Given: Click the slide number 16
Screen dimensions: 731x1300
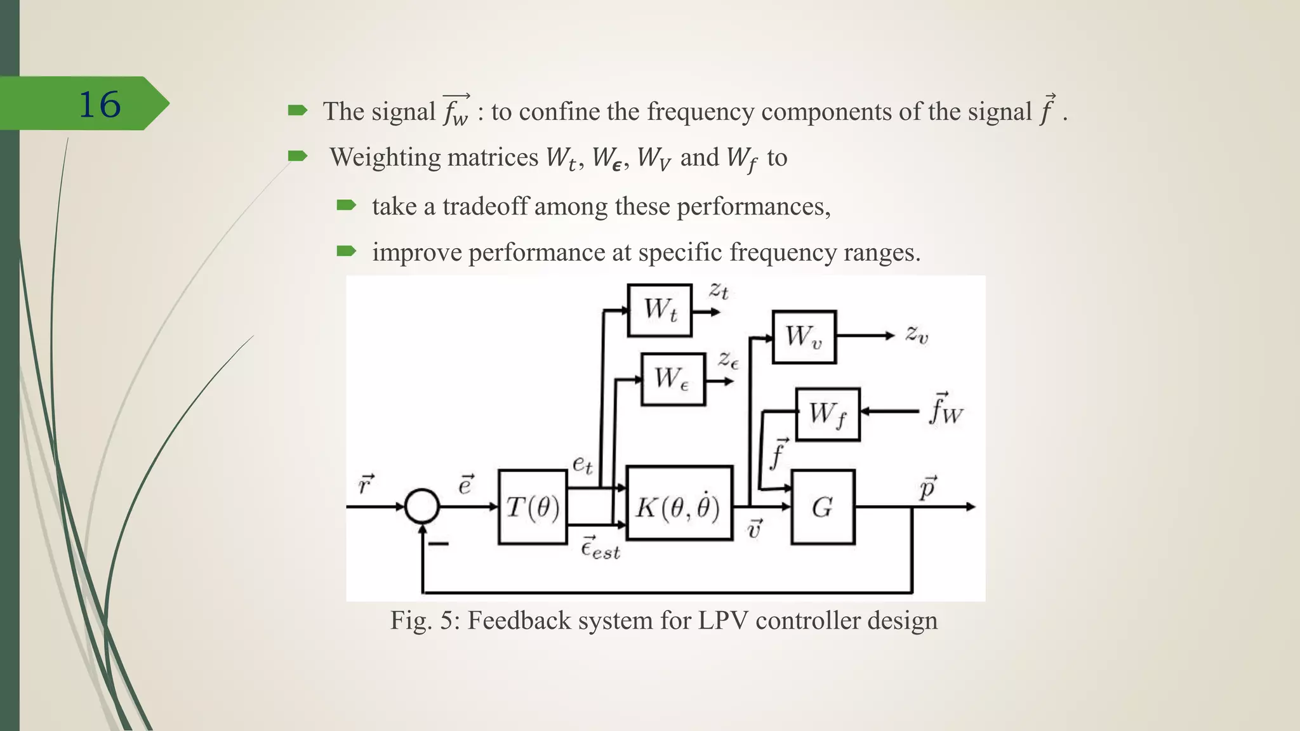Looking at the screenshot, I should coord(99,105).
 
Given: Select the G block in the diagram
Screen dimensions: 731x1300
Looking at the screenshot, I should coord(823,507).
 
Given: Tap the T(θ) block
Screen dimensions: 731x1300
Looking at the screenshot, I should coord(533,507).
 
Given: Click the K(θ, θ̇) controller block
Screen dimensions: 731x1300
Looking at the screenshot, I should coord(679,507).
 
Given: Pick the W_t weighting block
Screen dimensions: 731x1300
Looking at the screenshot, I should coord(660,310).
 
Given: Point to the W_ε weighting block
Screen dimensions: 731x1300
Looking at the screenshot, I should coord(673,379).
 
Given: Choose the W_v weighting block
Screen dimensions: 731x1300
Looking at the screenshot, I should coord(804,337).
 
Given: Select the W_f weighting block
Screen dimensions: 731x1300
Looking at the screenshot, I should coord(828,414).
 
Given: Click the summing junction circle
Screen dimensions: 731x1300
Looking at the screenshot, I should coord(422,506).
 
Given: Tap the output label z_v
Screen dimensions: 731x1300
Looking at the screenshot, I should coord(917,334).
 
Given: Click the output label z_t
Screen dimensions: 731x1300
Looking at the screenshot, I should coord(719,291).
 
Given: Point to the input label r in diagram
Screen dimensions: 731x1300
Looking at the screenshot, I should coord(366,485).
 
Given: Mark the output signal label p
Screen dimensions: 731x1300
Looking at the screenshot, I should coord(927,488).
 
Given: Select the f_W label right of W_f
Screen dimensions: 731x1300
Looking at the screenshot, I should coord(946,409).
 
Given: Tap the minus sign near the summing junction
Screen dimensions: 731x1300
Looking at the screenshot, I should coord(439,544).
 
